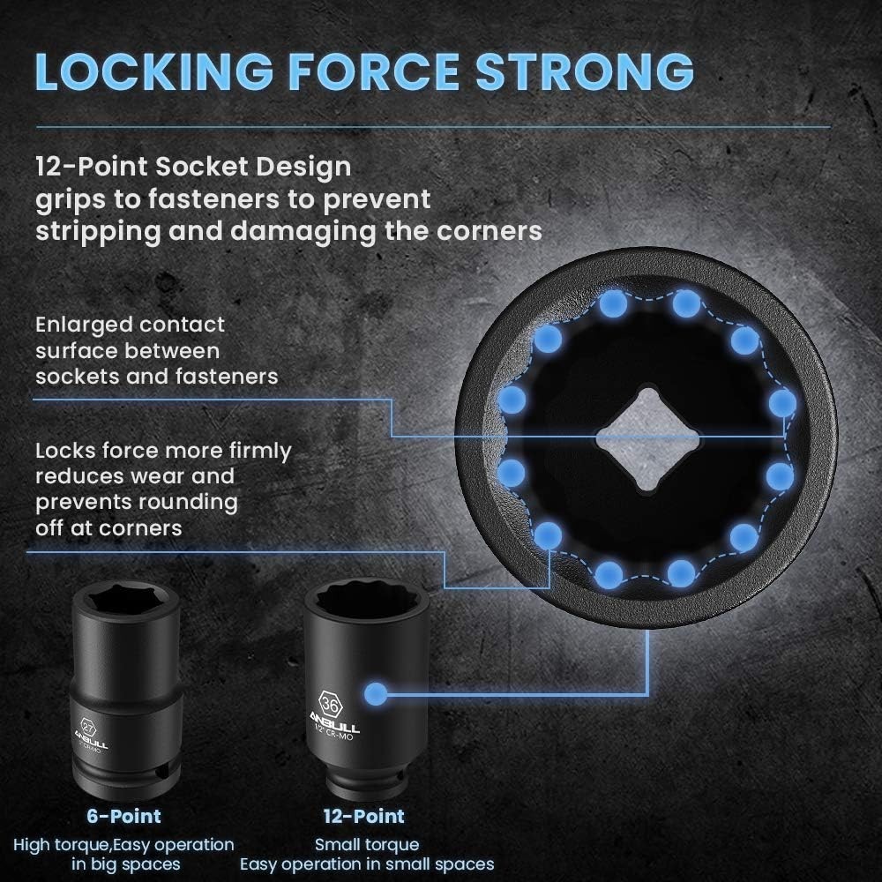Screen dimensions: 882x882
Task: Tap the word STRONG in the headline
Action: (585, 71)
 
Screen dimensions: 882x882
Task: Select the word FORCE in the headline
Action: (374, 71)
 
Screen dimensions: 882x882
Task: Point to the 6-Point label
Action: (123, 816)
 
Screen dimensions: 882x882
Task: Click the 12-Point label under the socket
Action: (364, 816)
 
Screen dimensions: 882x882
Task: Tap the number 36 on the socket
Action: (330, 704)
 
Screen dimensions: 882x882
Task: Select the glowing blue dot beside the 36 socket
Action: (375, 693)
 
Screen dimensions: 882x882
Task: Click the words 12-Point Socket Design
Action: (193, 167)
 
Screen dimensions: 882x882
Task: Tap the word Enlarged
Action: (83, 325)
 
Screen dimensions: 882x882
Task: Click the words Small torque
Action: (367, 844)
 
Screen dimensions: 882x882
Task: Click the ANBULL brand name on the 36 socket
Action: (334, 721)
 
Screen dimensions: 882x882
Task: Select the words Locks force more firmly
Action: (163, 451)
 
